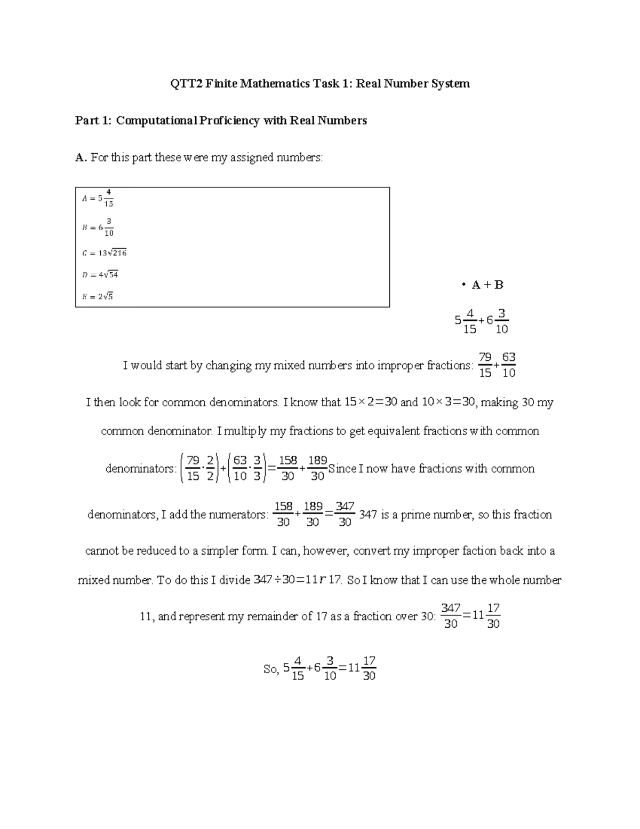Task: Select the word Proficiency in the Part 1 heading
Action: pyautogui.click(x=230, y=121)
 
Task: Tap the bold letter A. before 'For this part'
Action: pyautogui.click(x=81, y=157)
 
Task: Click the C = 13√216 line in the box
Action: pyautogui.click(x=104, y=253)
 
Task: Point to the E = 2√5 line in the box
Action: pyautogui.click(x=97, y=297)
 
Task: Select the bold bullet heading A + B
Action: pyautogui.click(x=487, y=285)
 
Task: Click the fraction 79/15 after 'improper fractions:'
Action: pyautogui.click(x=485, y=365)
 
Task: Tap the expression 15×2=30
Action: pyautogui.click(x=371, y=402)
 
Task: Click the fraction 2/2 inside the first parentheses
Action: pyautogui.click(x=210, y=468)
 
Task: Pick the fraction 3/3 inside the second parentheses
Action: pyautogui.click(x=257, y=468)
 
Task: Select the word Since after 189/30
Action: pyautogui.click(x=342, y=469)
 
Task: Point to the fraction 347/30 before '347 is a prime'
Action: pyautogui.click(x=345, y=515)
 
